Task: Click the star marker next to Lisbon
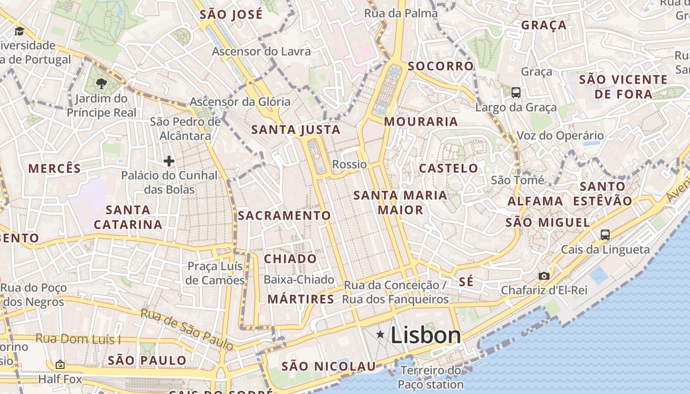pyautogui.click(x=380, y=335)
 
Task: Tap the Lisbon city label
pyautogui.click(x=426, y=335)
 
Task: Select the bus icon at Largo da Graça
pyautogui.click(x=516, y=92)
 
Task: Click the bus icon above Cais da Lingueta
pyautogui.click(x=605, y=234)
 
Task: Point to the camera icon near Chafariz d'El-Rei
pyautogui.click(x=544, y=276)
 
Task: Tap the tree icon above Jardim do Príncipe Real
pyautogui.click(x=102, y=83)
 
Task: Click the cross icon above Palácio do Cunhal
pyautogui.click(x=169, y=161)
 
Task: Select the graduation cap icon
pyautogui.click(x=19, y=31)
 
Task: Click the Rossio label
pyautogui.click(x=349, y=164)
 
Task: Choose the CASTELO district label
pyautogui.click(x=448, y=168)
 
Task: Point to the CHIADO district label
pyautogui.click(x=290, y=259)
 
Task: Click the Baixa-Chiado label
pyautogui.click(x=299, y=280)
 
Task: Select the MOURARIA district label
pyautogui.click(x=421, y=122)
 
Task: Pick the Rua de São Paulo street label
pyautogui.click(x=187, y=329)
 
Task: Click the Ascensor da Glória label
pyautogui.click(x=240, y=102)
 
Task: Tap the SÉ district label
pyautogui.click(x=466, y=282)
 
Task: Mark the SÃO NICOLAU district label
pyautogui.click(x=328, y=366)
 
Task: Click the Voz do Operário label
pyautogui.click(x=560, y=135)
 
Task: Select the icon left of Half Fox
pyautogui.click(x=60, y=364)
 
